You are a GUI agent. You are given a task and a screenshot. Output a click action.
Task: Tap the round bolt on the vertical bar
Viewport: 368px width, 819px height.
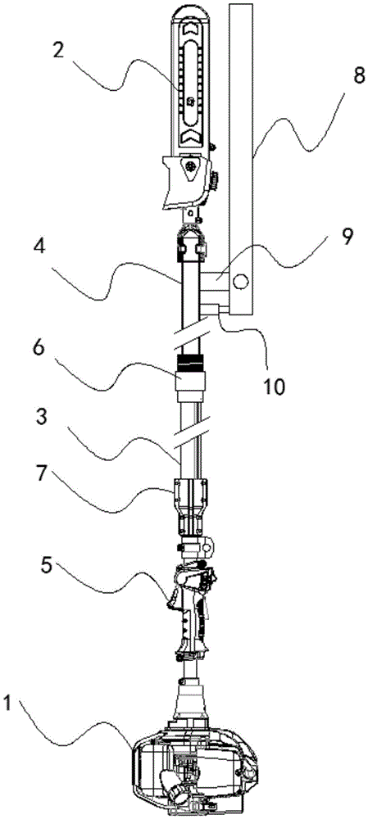click(x=241, y=282)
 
